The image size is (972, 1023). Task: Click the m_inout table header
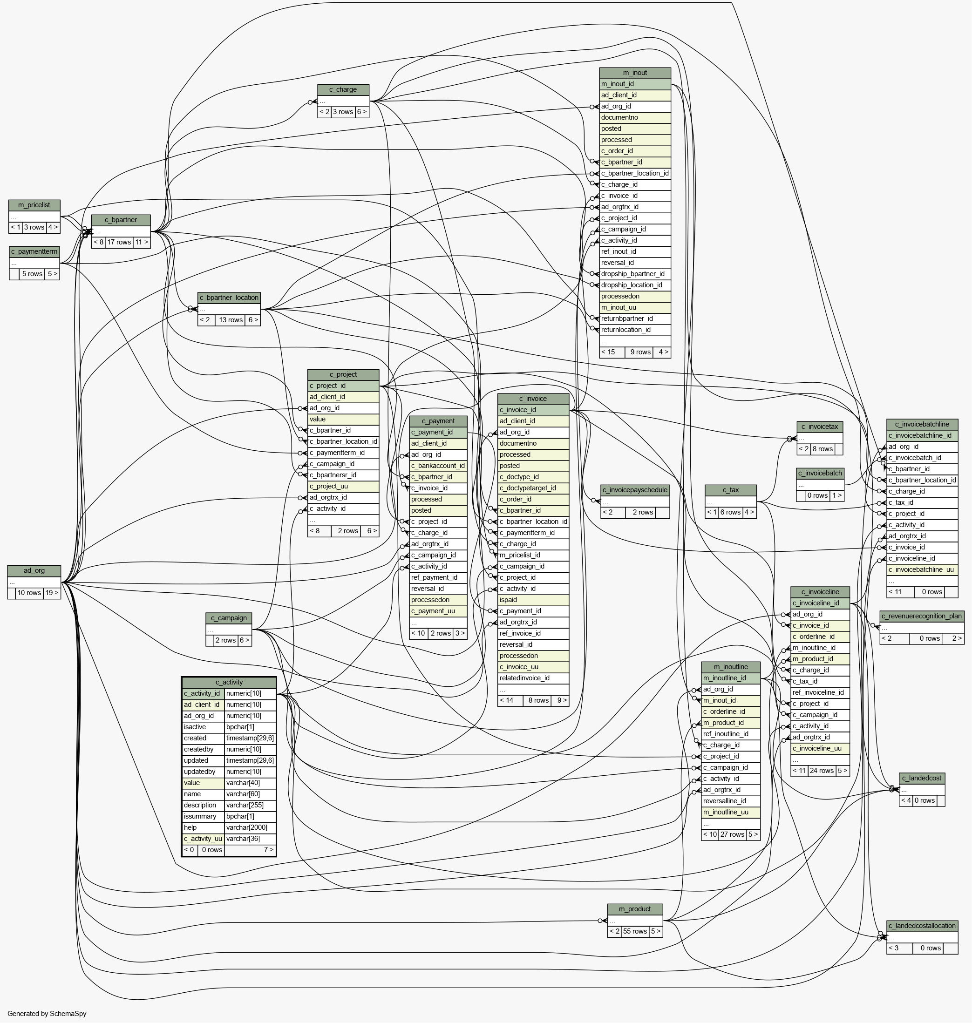[635, 73]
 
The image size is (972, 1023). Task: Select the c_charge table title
[343, 89]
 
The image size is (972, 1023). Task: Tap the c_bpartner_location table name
[229, 298]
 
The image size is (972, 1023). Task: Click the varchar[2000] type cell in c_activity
[250, 828]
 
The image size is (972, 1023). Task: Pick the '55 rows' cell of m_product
[635, 931]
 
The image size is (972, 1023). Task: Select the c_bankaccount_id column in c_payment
[438, 466]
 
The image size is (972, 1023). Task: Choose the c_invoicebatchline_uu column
[922, 570]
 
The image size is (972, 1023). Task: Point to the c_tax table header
[731, 490]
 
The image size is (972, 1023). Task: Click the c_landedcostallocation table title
[922, 926]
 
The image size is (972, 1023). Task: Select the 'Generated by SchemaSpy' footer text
[47, 1014]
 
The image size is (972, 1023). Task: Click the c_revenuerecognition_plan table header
[922, 617]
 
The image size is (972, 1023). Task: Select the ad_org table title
[34, 571]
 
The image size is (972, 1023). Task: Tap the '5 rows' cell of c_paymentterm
[32, 274]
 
